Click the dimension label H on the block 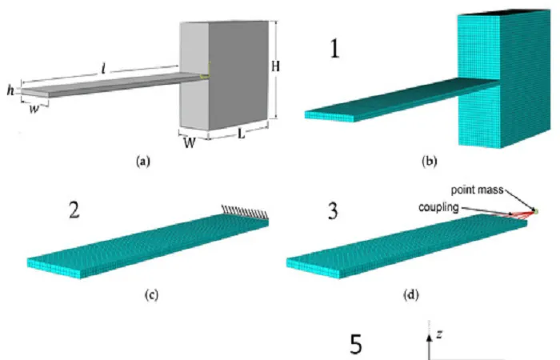pos(275,66)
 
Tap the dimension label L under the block pos(242,134)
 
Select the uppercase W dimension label pos(190,143)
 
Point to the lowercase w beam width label pos(34,109)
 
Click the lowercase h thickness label pos(10,90)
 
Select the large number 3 pos(333,210)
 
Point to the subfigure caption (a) pos(143,162)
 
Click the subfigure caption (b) pos(429,162)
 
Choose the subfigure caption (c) pos(151,295)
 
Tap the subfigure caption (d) pos(410,295)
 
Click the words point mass pos(477,190)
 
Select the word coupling pos(438,207)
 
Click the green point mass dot pos(535,212)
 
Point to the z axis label pos(439,334)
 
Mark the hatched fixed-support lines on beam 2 pos(245,211)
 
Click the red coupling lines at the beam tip pos(522,214)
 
